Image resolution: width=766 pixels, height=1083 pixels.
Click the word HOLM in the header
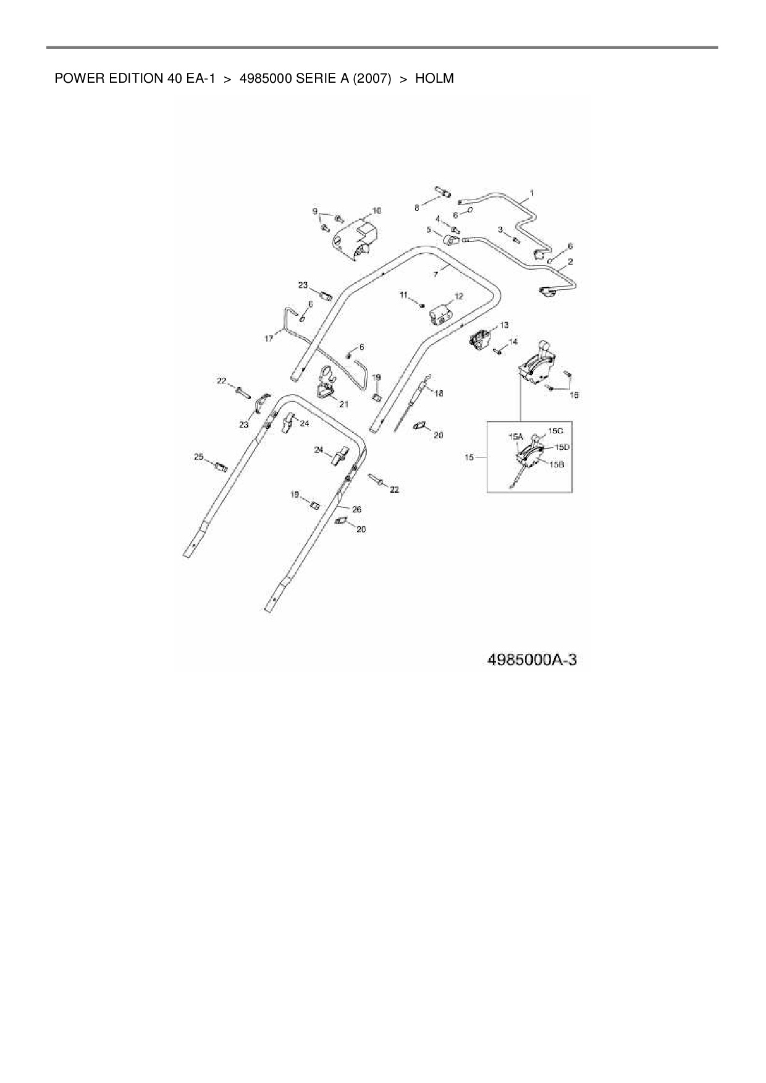tap(434, 78)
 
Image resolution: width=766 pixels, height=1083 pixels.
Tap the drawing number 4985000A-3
tap(532, 659)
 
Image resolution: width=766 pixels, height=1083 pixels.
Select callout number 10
tap(377, 211)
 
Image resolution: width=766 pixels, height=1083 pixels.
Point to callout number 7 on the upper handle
tap(436, 274)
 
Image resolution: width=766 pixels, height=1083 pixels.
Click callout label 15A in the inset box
tap(515, 436)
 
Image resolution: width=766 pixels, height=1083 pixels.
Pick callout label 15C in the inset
tap(555, 430)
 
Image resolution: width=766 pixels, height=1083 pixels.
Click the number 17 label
tap(269, 338)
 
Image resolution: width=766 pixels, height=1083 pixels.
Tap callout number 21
tap(343, 404)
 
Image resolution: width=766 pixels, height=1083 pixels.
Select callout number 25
tap(198, 457)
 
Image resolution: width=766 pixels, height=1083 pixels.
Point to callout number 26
tap(356, 509)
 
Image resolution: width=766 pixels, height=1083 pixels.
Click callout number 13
tap(505, 325)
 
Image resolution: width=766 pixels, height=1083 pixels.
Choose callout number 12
tap(458, 296)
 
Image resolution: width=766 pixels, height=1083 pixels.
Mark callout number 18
tap(439, 393)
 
